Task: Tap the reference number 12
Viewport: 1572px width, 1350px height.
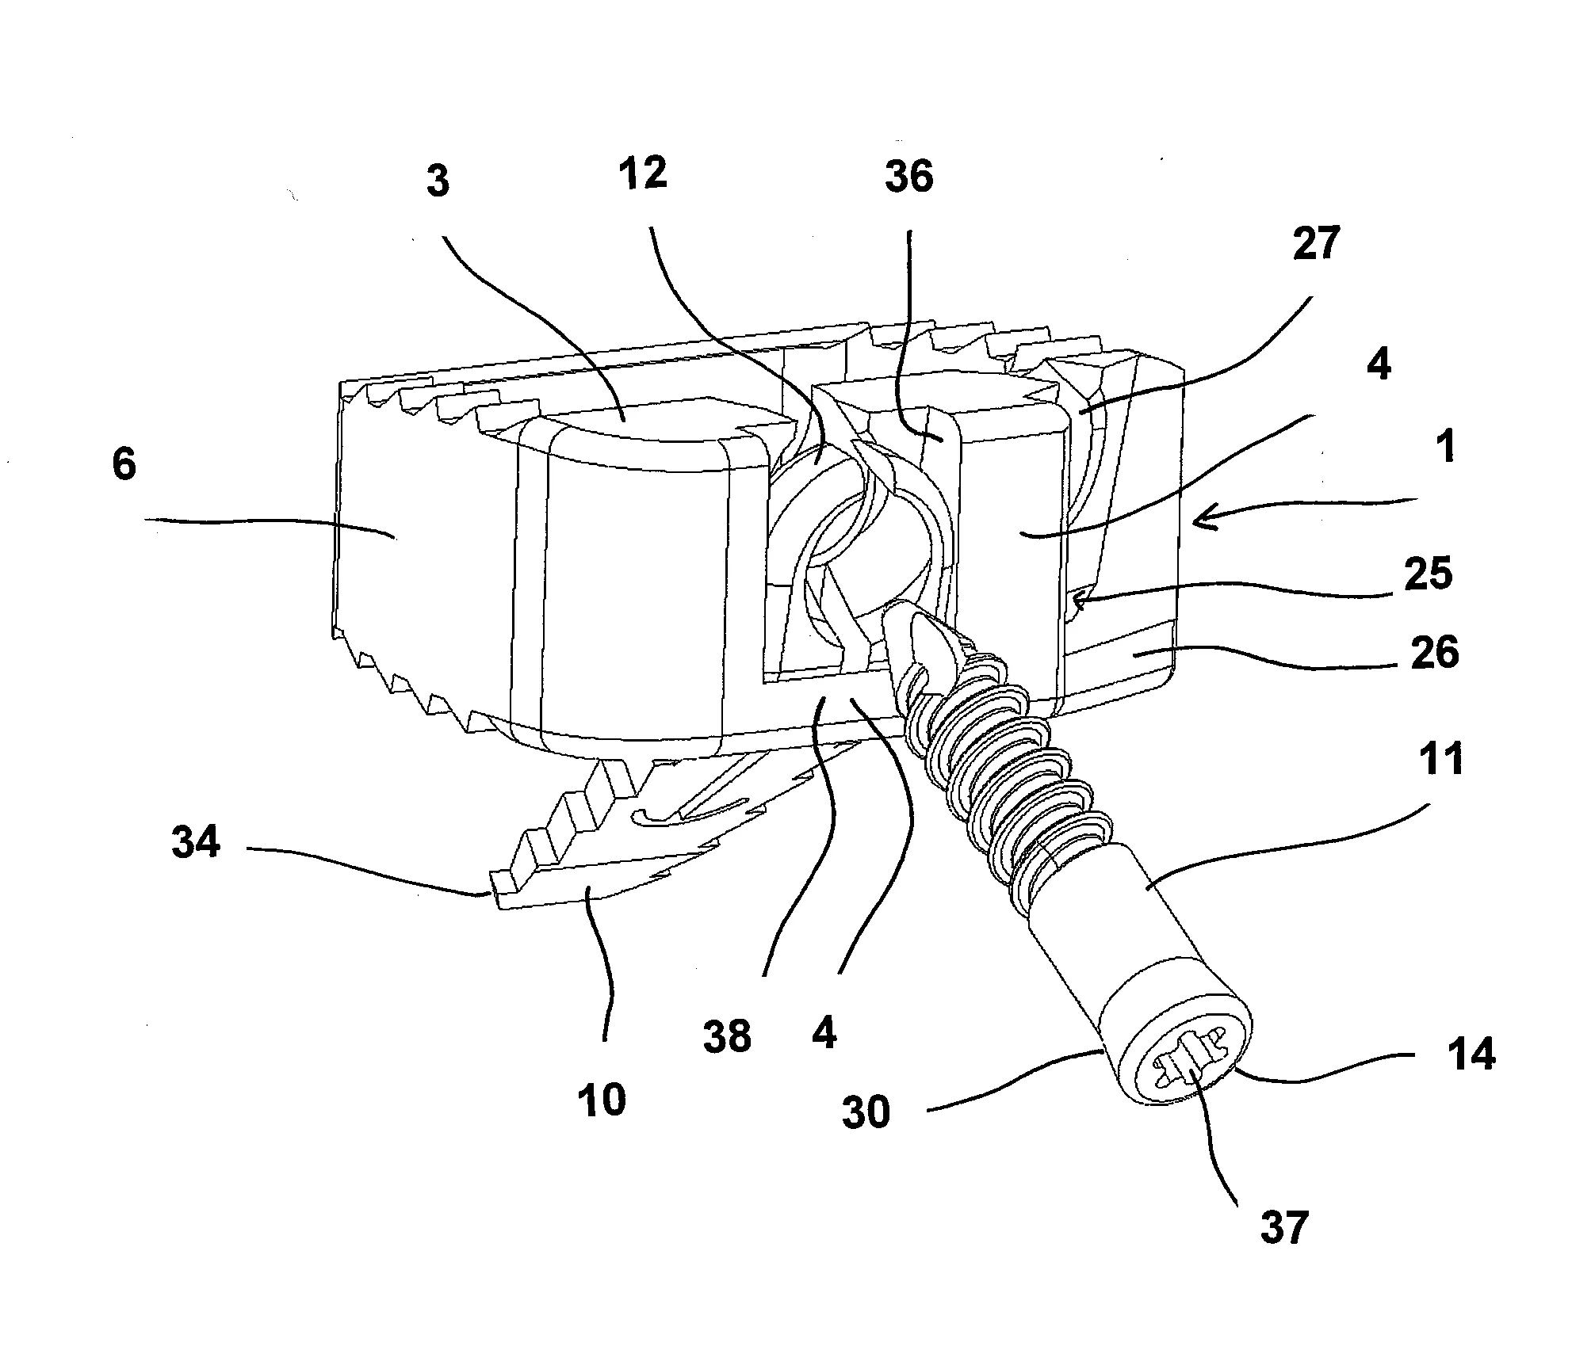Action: tap(642, 174)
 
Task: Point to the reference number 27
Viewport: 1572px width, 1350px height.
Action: tap(1315, 242)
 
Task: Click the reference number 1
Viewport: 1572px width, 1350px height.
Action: tap(1446, 447)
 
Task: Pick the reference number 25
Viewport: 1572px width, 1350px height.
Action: tap(1427, 573)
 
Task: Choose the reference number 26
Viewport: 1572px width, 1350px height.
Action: tap(1435, 653)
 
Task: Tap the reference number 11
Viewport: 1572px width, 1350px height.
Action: tap(1441, 760)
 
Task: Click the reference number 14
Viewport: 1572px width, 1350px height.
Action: tap(1471, 1054)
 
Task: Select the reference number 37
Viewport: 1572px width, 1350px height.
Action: tap(1283, 1227)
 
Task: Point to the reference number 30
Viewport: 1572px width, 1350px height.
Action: tap(866, 1112)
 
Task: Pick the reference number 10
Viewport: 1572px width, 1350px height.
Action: tap(602, 1100)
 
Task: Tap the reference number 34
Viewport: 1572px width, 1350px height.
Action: tap(196, 842)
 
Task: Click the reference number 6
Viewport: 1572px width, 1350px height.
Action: tap(124, 465)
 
